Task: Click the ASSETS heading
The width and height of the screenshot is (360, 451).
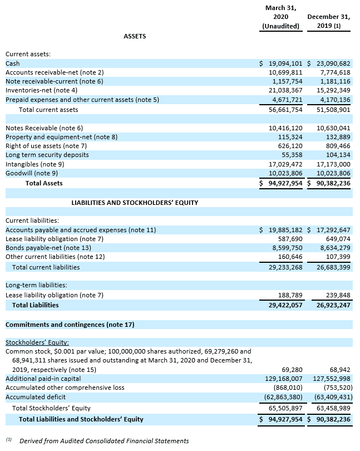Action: point(135,36)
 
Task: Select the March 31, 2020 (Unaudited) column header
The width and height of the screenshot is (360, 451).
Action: point(281,17)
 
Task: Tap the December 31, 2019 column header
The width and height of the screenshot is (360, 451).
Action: point(328,22)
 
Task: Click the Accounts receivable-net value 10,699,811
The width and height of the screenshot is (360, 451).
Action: point(285,72)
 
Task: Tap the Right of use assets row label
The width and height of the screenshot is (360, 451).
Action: point(42,146)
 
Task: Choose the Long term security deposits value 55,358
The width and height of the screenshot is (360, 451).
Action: point(292,155)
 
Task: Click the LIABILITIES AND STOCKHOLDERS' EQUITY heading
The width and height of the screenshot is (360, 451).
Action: point(135,203)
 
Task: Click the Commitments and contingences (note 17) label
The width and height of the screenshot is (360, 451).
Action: point(70,324)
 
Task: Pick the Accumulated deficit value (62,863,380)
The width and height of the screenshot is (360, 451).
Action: point(283,397)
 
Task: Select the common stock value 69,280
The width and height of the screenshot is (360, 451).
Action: point(292,370)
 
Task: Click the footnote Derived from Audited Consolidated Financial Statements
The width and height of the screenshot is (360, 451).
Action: point(104,441)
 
